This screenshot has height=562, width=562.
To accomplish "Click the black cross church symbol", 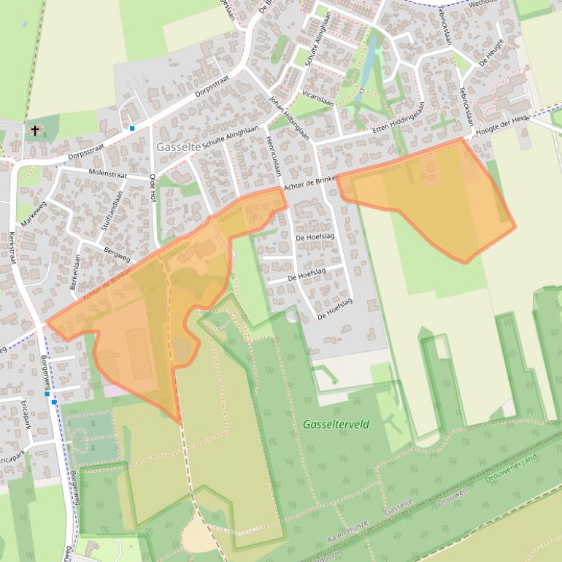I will [x=34, y=131].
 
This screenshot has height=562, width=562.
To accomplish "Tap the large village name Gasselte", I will [x=178, y=147].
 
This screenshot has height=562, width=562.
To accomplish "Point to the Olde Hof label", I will [x=153, y=188].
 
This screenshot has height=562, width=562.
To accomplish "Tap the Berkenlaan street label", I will [x=75, y=272].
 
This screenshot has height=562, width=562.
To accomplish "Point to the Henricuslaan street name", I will [x=274, y=155].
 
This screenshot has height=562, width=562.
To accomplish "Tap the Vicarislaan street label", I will [x=318, y=99].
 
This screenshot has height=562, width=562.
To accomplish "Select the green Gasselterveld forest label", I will [x=336, y=424].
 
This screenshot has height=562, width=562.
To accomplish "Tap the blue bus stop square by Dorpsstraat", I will [x=132, y=128].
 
